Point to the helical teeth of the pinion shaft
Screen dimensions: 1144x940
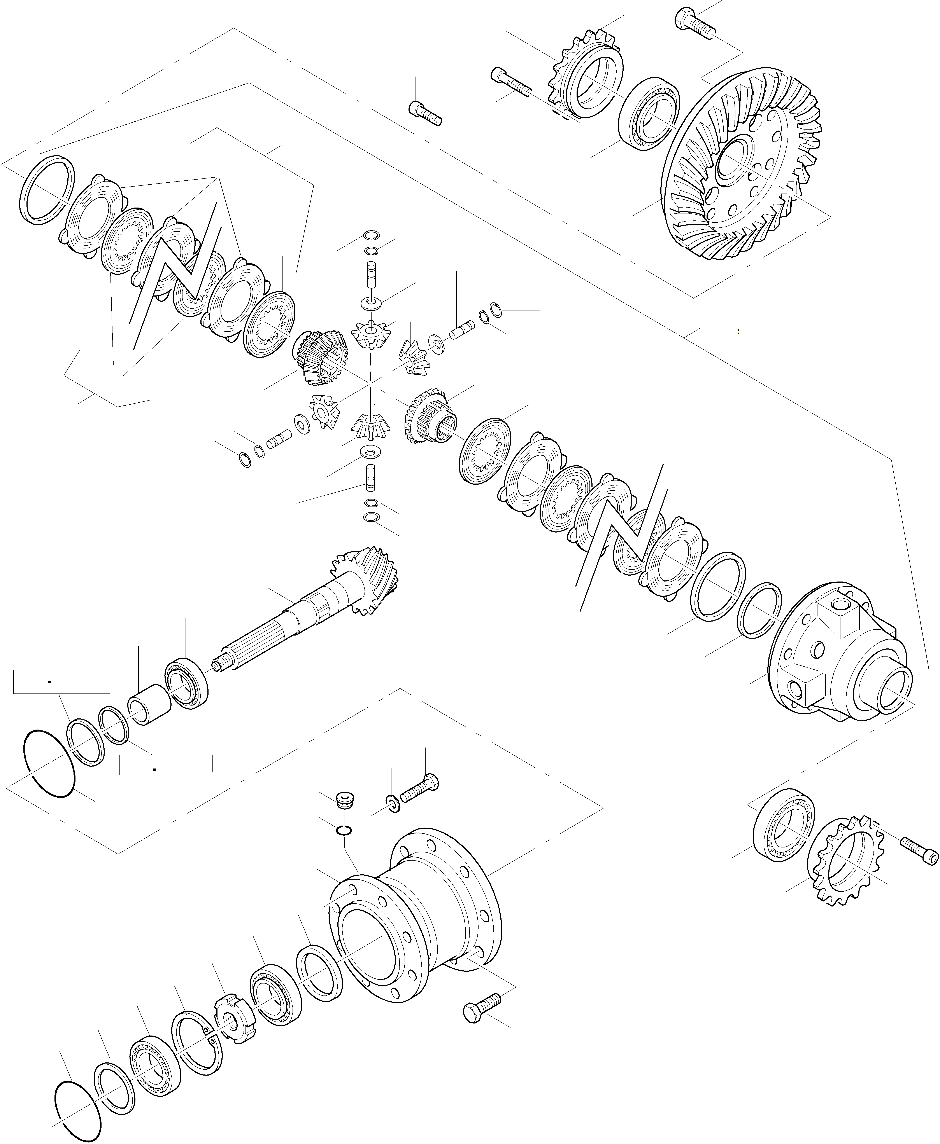(368, 579)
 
